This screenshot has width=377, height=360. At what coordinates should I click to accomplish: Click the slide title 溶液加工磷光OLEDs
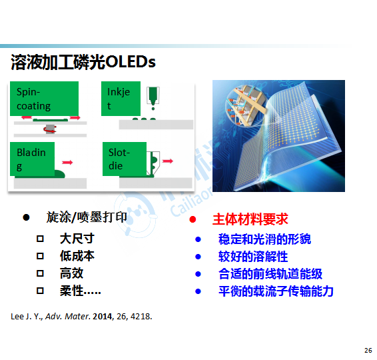[x=83, y=62]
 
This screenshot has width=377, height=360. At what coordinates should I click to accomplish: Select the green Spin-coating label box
[x=44, y=99]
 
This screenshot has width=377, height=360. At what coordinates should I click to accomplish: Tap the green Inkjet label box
[x=121, y=99]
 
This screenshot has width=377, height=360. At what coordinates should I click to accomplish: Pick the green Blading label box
[x=32, y=159]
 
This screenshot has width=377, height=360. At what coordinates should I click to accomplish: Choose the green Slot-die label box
[x=125, y=159]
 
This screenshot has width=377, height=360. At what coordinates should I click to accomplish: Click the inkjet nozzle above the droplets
[x=153, y=96]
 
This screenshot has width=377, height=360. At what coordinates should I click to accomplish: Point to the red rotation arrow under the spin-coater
[x=50, y=129]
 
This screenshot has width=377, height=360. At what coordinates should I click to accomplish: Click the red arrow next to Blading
[x=67, y=163]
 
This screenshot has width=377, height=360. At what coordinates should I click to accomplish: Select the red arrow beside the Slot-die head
[x=168, y=161]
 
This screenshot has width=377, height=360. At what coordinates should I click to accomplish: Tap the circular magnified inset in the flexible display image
[x=245, y=105]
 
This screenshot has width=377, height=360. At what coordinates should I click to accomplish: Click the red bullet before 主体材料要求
[x=192, y=219]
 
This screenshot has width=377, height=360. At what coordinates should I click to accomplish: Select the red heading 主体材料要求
[x=250, y=219]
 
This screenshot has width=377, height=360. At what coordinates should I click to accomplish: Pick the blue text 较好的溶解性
[x=253, y=257]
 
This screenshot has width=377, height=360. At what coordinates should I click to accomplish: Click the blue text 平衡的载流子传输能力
[x=276, y=291]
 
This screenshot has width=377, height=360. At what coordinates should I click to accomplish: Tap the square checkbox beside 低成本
[x=40, y=256]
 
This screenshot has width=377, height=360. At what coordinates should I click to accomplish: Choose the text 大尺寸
[x=77, y=239]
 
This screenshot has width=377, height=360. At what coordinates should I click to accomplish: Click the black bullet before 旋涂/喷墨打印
[x=26, y=217]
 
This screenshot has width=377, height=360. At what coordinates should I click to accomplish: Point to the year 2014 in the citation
[x=103, y=316]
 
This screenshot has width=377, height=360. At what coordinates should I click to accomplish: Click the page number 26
[x=368, y=351]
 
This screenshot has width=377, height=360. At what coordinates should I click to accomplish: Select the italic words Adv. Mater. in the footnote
[x=68, y=316]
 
